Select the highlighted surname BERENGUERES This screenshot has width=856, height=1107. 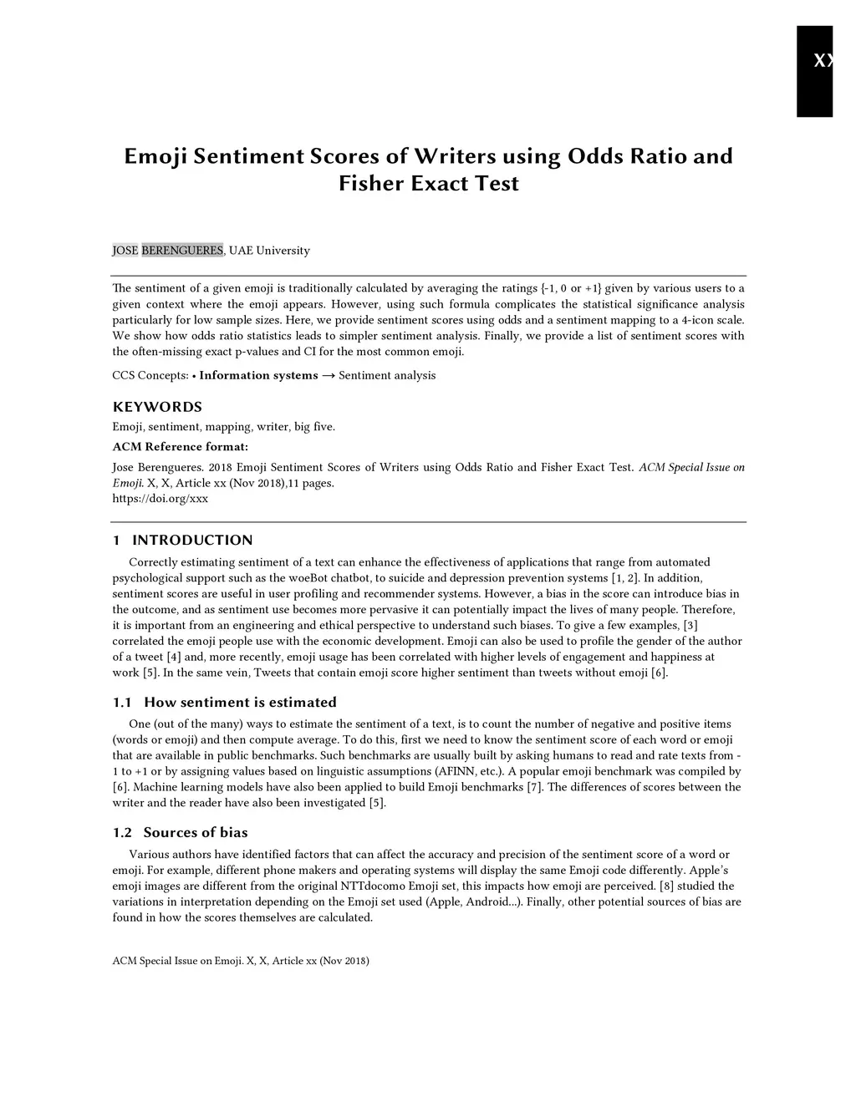click(x=182, y=251)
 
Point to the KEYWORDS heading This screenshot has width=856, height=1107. click(x=157, y=407)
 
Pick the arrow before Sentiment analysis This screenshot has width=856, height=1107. click(x=329, y=375)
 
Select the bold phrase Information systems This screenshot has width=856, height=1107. click(x=258, y=375)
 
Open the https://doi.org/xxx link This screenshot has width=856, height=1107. click(x=160, y=499)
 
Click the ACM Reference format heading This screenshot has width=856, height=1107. click(x=181, y=446)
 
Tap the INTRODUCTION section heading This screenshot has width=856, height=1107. click(x=192, y=540)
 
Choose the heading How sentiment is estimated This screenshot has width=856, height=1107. click(x=240, y=702)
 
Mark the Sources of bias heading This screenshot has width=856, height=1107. click(x=196, y=832)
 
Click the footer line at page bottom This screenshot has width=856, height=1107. click(x=241, y=961)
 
